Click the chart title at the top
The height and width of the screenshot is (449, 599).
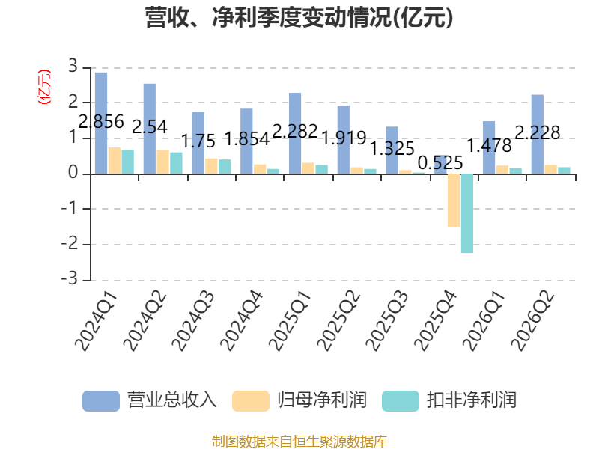299,18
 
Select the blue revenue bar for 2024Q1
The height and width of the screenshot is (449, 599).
101,123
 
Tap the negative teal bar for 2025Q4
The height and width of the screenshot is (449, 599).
467,213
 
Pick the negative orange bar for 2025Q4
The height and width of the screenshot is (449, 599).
454,201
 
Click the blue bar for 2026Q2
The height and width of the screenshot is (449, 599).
538,135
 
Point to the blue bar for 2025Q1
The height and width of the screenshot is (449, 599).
295,133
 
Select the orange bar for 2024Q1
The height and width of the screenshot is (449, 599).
115,161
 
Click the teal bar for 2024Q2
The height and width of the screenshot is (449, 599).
176,163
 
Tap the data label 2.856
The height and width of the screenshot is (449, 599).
101,122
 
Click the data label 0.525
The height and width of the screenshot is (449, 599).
440,163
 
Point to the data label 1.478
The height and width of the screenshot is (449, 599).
490,146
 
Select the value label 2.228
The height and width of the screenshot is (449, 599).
538,133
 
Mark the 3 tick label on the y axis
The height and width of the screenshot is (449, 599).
73,67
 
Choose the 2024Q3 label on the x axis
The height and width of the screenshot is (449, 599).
193,321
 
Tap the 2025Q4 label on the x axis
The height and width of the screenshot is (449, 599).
435,321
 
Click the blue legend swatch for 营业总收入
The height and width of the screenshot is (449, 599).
101,401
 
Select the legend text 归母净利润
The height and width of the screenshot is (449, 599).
322,400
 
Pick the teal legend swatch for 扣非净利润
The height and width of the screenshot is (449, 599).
401,401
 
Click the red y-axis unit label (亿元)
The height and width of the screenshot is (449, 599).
44,87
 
